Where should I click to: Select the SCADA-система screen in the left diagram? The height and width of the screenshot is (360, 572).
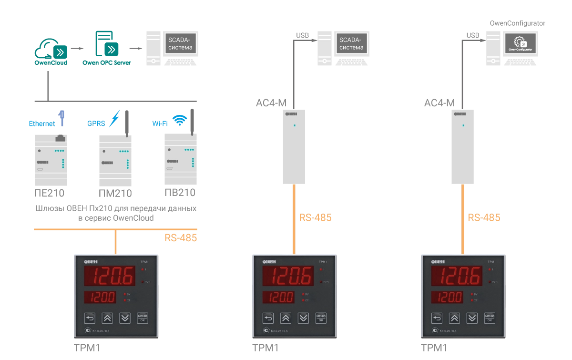tap(181, 43)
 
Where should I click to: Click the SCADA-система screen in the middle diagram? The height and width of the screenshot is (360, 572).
tap(351, 43)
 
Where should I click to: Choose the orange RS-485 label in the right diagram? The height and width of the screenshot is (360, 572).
tap(484, 217)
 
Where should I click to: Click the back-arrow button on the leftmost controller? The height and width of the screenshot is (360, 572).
tap(90, 318)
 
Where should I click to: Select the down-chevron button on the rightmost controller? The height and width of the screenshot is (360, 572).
tap(472, 318)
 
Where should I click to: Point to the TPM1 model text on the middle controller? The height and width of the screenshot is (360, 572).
tap(323, 262)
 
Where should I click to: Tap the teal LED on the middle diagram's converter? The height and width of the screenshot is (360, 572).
tap(295, 125)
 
